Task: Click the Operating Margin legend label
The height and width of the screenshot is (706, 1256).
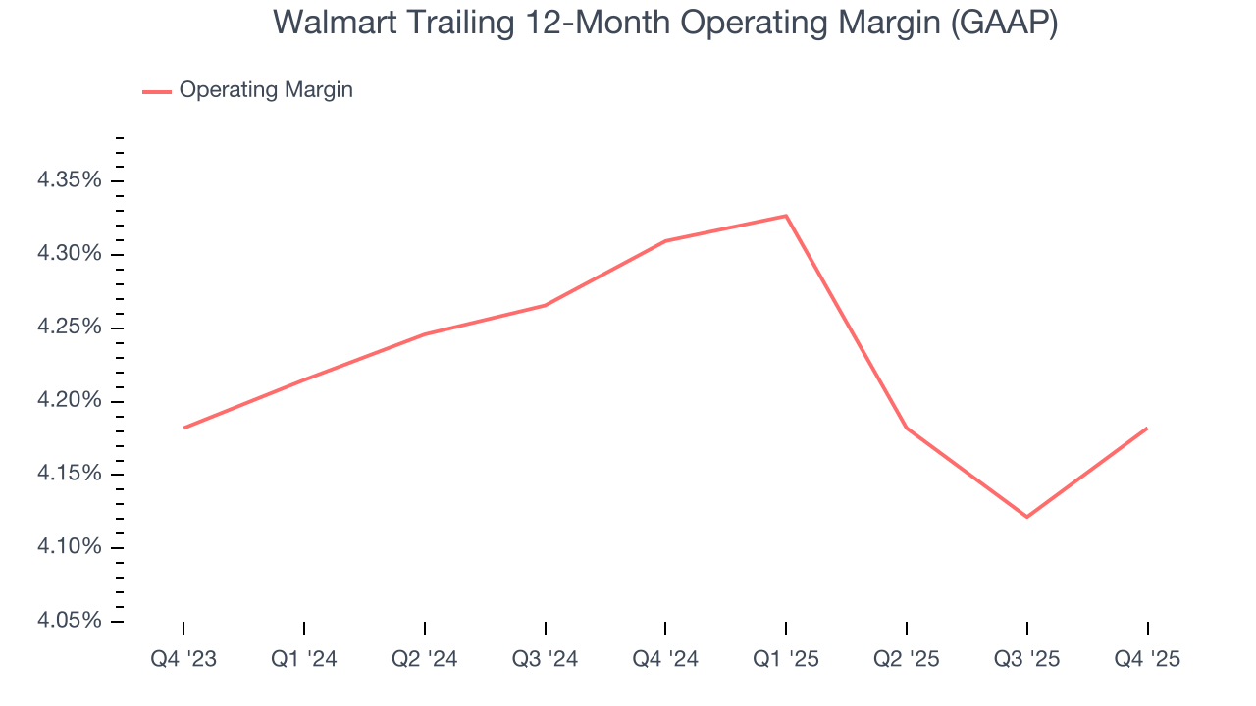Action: click(265, 90)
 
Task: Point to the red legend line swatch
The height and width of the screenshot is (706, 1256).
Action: click(157, 91)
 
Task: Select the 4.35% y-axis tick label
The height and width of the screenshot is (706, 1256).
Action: click(69, 181)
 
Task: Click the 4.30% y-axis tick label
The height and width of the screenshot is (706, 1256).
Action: click(69, 255)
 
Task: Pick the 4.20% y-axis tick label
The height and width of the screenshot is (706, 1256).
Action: click(69, 401)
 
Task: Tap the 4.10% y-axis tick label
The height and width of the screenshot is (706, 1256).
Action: click(69, 547)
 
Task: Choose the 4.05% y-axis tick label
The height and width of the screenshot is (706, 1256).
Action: click(69, 621)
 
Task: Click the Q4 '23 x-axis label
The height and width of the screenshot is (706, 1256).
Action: click(183, 659)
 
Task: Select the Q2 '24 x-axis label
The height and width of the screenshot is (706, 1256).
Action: click(424, 659)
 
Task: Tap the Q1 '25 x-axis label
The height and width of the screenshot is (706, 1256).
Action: click(786, 659)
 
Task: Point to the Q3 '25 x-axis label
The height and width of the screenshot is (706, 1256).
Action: click(1026, 659)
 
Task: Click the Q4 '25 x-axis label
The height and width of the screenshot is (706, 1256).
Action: click(1147, 659)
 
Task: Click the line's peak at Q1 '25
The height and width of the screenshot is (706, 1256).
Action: click(786, 216)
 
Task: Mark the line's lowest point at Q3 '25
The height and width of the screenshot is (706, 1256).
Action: click(1026, 517)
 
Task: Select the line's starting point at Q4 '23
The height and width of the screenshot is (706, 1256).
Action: click(183, 428)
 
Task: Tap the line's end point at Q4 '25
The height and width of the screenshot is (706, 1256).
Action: click(1147, 428)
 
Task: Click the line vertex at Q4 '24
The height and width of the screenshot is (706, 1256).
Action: click(665, 241)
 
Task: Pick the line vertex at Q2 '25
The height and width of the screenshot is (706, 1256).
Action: click(907, 429)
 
